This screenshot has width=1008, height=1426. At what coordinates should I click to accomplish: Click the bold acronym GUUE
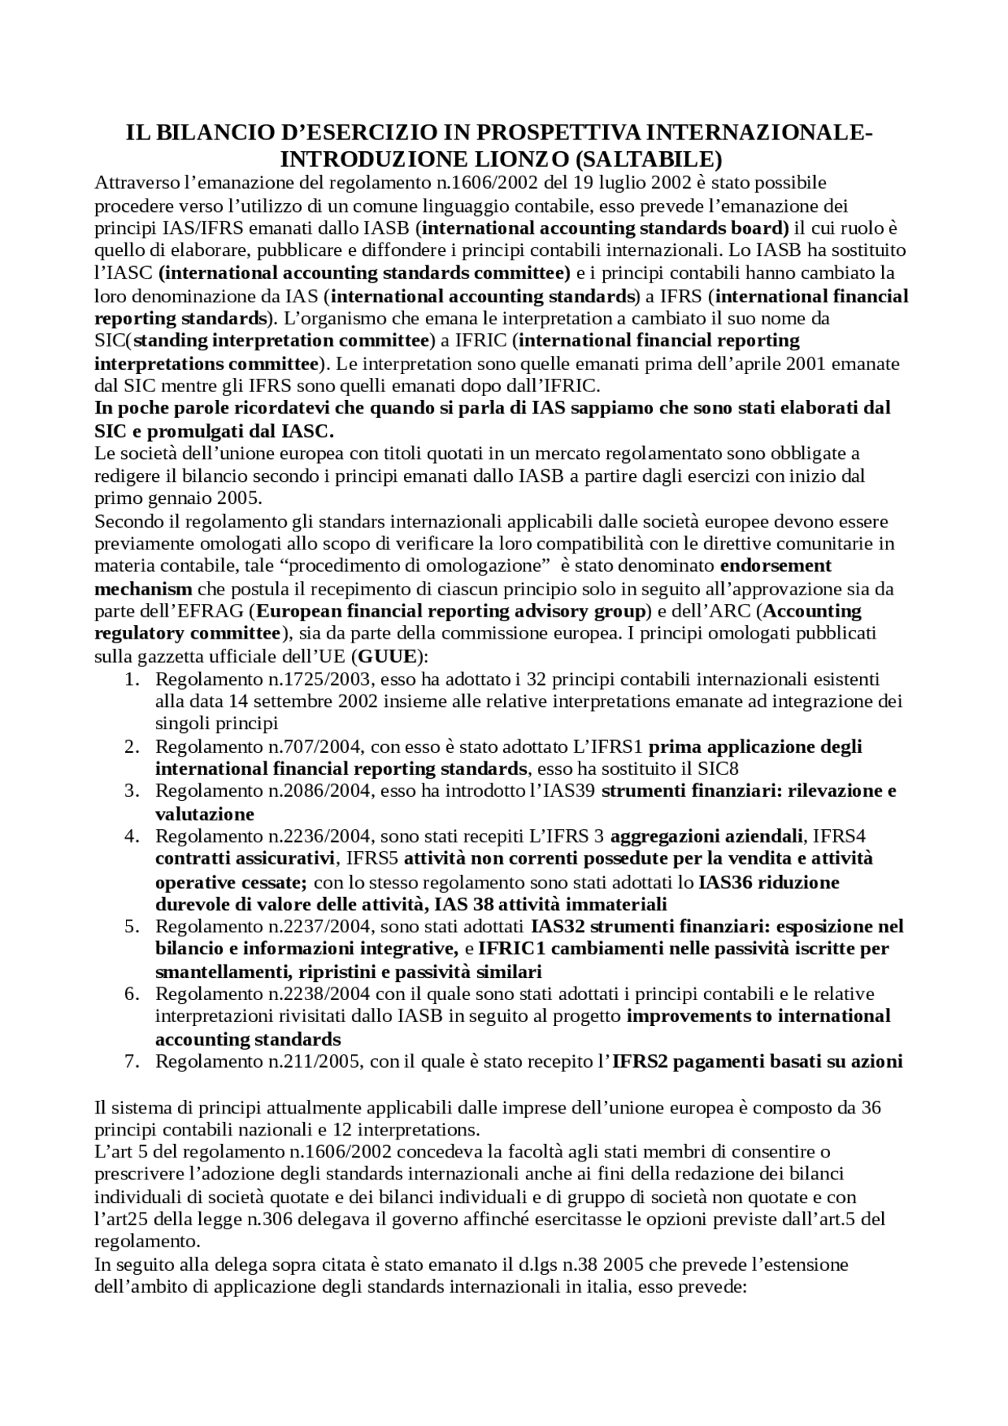(x=387, y=656)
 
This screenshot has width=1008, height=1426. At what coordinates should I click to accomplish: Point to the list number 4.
(x=132, y=835)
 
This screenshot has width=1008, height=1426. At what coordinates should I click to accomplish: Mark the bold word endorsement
(x=776, y=565)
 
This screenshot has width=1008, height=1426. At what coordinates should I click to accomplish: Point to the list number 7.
(x=132, y=1061)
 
